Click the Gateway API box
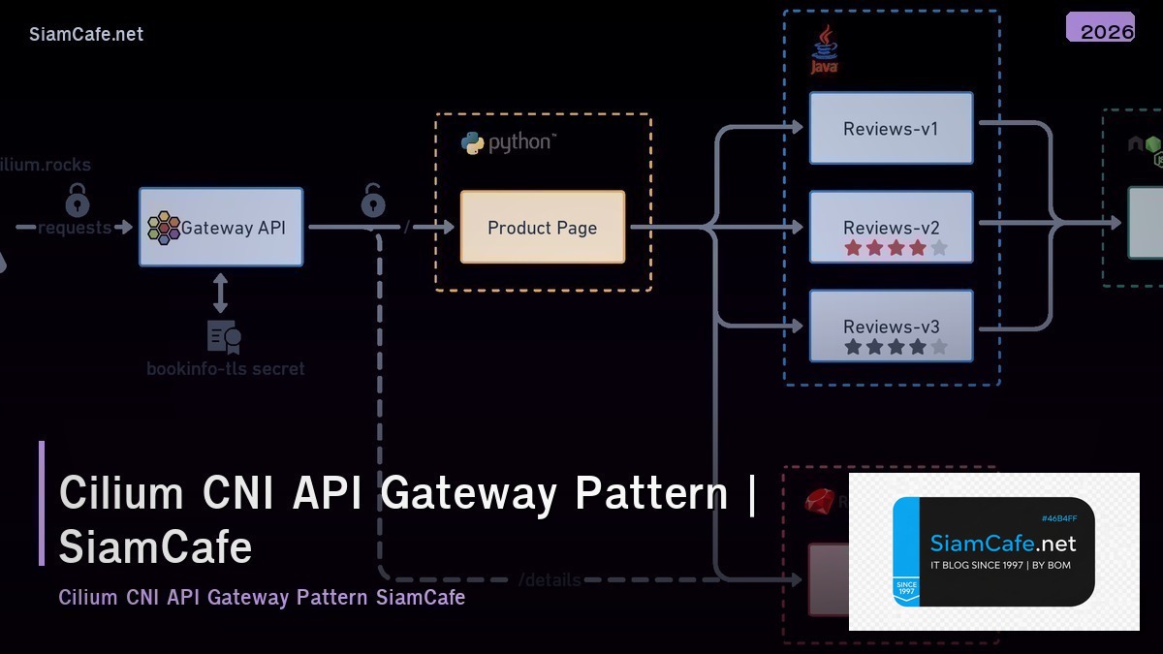point(221,228)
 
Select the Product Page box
point(542,228)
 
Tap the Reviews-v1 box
point(891,128)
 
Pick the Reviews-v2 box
point(891,228)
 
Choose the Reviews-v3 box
point(891,327)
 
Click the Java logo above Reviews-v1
point(824,50)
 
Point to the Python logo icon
point(473,143)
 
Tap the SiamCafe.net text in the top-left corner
point(86,34)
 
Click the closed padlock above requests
point(78,201)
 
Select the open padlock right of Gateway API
point(373,201)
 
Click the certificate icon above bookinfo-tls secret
point(224,336)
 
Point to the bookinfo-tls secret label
point(225,369)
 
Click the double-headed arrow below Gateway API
point(221,293)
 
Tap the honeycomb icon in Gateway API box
point(163,228)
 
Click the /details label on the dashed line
point(550,580)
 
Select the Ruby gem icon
point(819,501)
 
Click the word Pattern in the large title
point(650,493)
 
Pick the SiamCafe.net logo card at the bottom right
point(993,551)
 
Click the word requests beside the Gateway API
point(75,229)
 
